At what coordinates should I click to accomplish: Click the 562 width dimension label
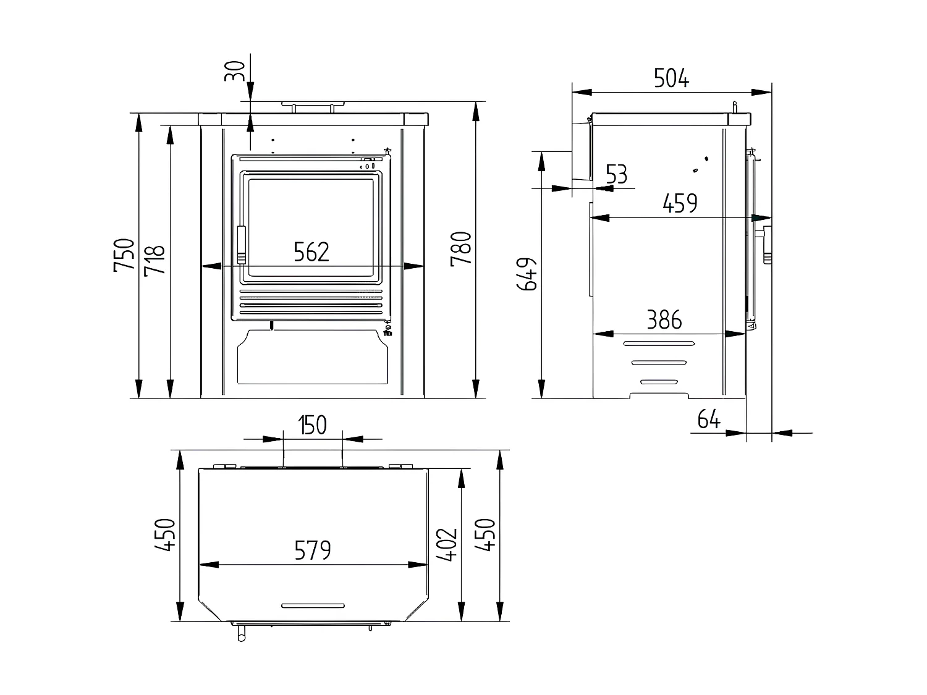[311, 252]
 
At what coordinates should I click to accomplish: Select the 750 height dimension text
[124, 255]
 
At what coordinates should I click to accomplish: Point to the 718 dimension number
[154, 260]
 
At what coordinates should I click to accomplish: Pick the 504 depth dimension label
[671, 78]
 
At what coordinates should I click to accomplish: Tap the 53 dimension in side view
[616, 175]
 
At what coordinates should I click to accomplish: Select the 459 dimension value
[680, 203]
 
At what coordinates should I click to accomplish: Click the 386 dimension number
[664, 320]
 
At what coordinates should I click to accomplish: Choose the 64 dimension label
[709, 419]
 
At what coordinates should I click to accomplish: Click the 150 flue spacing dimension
[312, 426]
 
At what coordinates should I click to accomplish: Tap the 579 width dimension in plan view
[313, 550]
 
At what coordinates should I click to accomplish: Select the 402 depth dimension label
[446, 544]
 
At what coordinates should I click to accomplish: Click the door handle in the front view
[241, 245]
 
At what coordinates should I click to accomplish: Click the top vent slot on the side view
[659, 343]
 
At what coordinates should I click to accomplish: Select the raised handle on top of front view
[313, 106]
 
